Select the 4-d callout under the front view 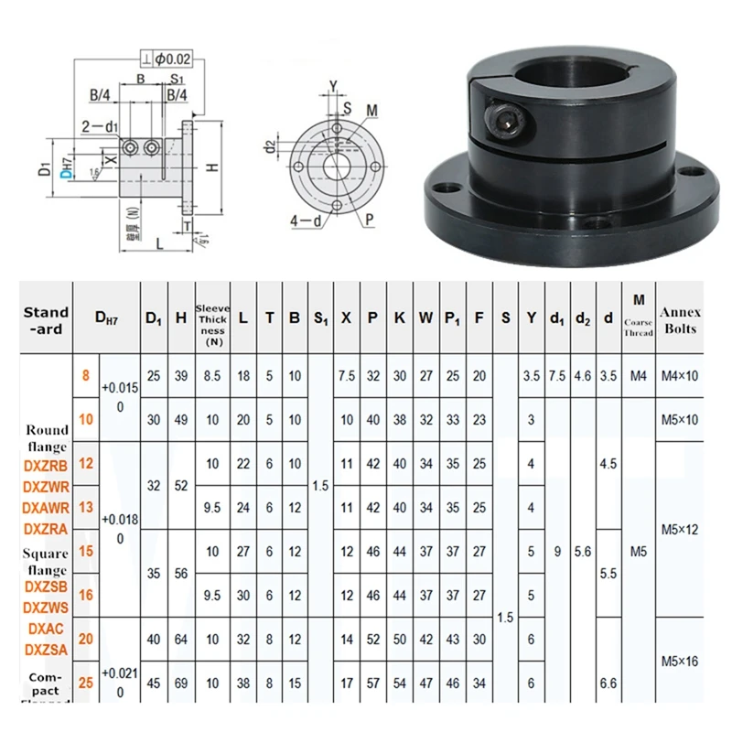coord(306,220)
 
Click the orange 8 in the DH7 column coord(85,375)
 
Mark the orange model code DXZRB coord(46,465)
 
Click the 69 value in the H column coord(181,684)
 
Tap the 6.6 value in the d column coord(608,684)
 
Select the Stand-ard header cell coord(46,319)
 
